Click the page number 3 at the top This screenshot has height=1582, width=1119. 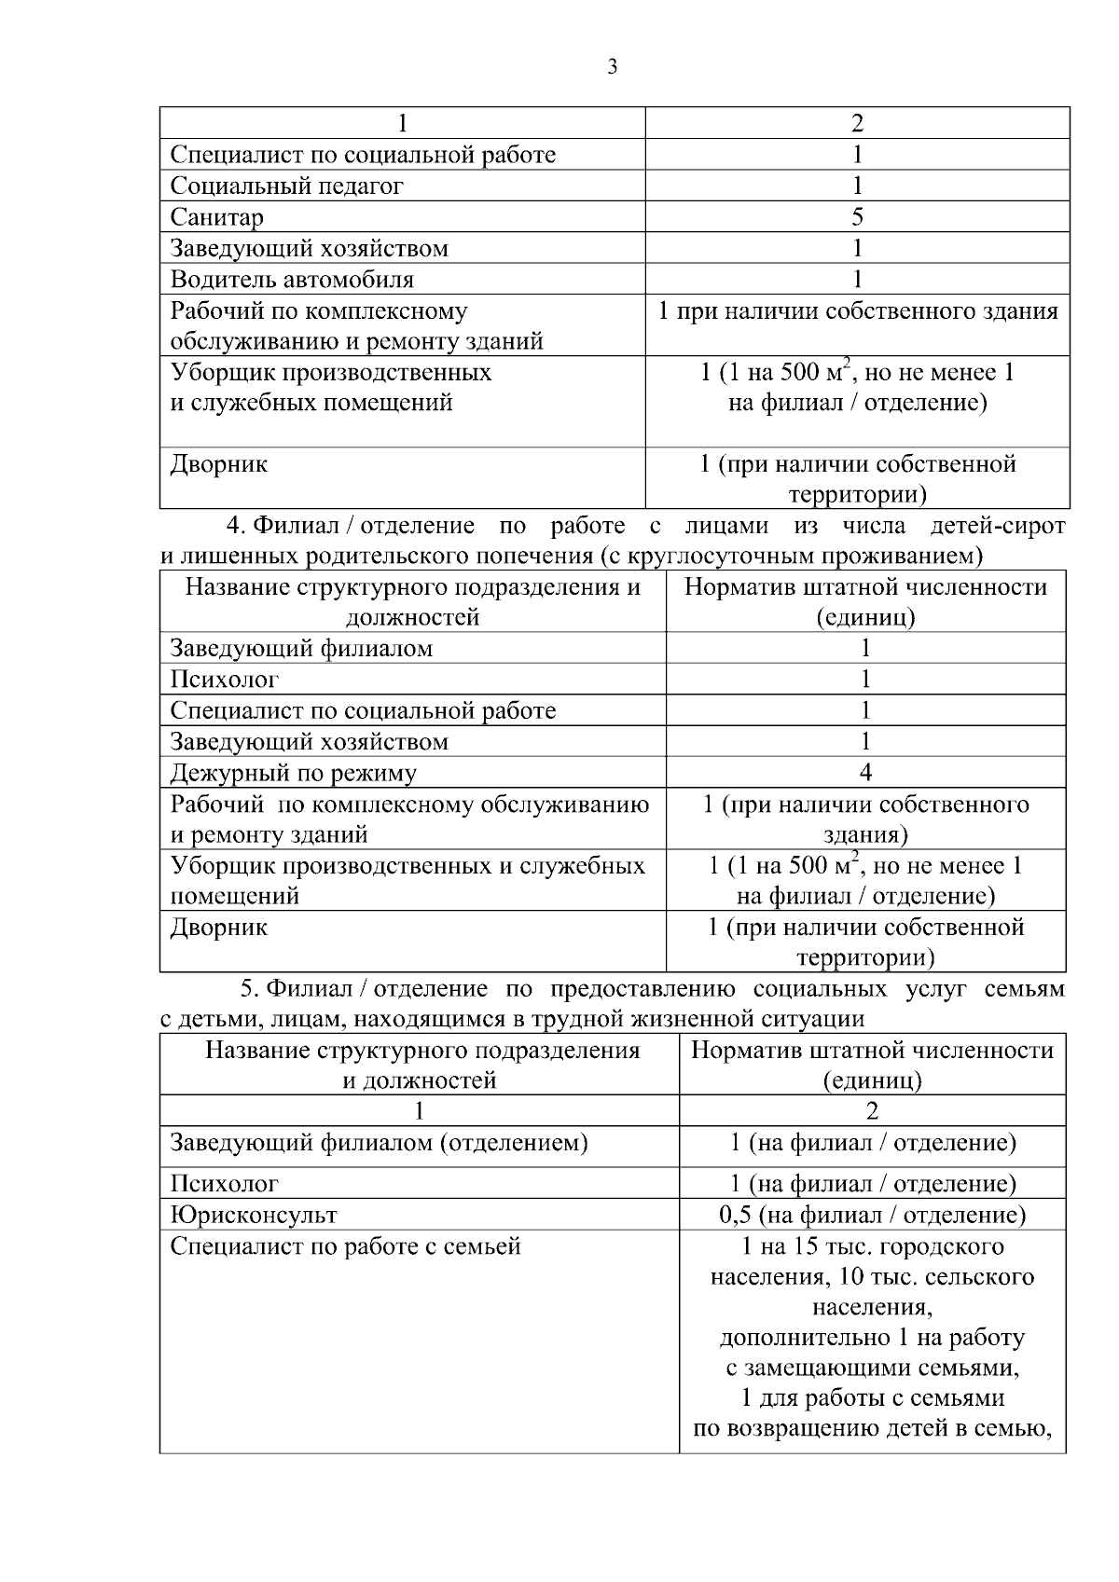612,67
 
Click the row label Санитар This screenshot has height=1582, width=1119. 216,217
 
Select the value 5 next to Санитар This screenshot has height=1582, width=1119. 857,217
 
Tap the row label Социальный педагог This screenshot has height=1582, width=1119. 286,186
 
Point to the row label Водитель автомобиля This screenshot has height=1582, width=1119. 291,279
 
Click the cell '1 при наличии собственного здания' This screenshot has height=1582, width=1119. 857,310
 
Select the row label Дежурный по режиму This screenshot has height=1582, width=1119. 293,773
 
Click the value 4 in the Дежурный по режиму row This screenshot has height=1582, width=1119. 865,772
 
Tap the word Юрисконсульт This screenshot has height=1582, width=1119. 254,1215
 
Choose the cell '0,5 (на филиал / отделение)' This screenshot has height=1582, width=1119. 872,1215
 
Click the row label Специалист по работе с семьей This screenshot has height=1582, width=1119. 345,1246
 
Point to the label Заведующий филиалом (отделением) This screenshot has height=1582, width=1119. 379,1143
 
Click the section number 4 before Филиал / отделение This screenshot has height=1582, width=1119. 235,526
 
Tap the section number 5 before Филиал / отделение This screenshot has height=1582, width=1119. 248,988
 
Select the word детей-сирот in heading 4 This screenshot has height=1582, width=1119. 998,526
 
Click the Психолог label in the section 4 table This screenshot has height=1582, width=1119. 224,680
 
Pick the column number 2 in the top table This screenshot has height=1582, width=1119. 857,123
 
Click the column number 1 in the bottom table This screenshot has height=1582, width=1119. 419,1110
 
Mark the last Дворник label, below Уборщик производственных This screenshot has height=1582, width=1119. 218,928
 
